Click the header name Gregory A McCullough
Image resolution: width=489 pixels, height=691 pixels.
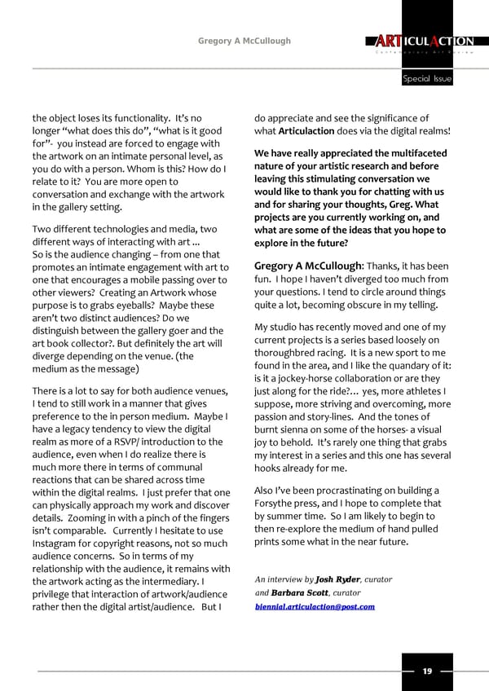click(244, 41)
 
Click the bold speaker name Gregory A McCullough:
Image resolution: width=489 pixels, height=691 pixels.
click(308, 266)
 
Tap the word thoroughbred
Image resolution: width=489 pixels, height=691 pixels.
click(291, 354)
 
